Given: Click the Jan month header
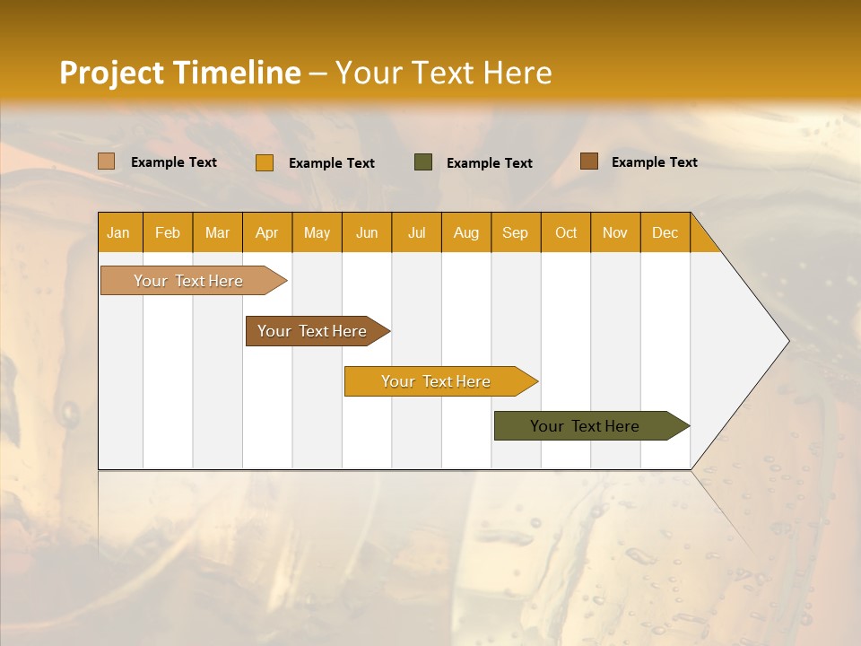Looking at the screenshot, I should (118, 232).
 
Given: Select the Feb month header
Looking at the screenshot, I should (168, 232).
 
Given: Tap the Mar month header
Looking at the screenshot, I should (217, 232).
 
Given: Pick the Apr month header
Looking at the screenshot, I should (267, 232).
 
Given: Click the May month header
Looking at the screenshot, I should (317, 232).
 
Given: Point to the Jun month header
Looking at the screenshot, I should (367, 232).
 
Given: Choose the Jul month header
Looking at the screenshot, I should (416, 232).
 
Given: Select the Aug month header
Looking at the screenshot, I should (466, 232).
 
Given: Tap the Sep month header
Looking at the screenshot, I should (516, 232).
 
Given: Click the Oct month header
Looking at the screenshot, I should (566, 232).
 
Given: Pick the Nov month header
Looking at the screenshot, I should (615, 232).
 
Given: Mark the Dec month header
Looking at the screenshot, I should (665, 232).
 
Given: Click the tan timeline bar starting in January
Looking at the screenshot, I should (189, 281).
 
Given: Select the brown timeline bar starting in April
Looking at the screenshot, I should (313, 331).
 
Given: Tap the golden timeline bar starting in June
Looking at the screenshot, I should (436, 381).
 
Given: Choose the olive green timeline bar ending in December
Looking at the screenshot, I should (586, 426).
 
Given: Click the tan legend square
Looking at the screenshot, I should (107, 161).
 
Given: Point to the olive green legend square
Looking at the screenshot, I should (423, 161).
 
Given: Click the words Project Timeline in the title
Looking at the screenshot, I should (180, 73).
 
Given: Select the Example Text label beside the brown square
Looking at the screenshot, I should (654, 161).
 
